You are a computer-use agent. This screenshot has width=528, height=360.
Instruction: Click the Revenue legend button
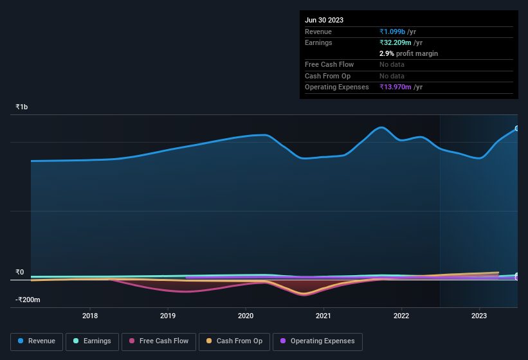click(x=37, y=341)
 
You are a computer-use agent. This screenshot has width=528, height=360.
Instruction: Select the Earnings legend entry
click(x=92, y=341)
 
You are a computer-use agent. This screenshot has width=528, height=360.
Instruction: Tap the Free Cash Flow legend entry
click(x=159, y=341)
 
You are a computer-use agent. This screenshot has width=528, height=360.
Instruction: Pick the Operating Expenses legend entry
click(x=317, y=341)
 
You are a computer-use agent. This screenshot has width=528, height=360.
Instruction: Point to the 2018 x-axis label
click(x=90, y=316)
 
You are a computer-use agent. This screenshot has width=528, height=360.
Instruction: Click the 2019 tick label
click(x=168, y=316)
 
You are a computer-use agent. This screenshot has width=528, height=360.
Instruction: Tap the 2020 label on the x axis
click(x=246, y=316)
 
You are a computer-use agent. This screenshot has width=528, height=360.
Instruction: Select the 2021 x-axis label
click(x=323, y=316)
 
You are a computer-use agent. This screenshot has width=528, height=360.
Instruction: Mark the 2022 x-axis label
click(x=401, y=316)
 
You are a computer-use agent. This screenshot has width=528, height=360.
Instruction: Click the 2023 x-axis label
click(x=479, y=316)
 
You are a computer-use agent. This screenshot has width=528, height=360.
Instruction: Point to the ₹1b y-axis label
click(x=23, y=107)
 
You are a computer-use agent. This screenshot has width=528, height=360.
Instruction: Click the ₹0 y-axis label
click(x=20, y=272)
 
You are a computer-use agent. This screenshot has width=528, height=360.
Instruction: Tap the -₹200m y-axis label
click(x=28, y=300)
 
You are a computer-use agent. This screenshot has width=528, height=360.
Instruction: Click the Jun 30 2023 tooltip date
click(x=324, y=20)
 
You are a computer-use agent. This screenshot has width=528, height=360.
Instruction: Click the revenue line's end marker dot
click(x=517, y=129)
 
